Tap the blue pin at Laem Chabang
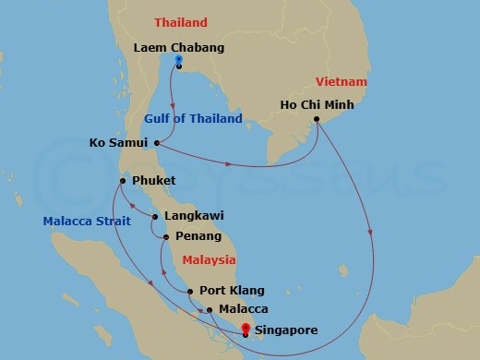[179, 61]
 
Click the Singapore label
[288, 330]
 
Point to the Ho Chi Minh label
[315, 104]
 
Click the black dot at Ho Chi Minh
[317, 119]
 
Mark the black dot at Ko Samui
[158, 142]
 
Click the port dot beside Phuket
[121, 180]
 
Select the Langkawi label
[194, 217]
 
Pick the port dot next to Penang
[165, 237]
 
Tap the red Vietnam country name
[342, 81]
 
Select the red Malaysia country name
[208, 261]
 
